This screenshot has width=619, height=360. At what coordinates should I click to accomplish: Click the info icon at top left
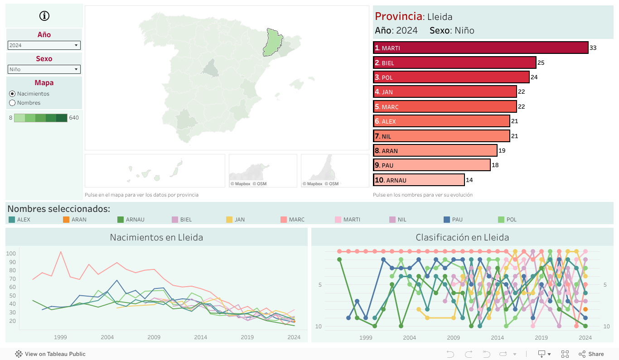coord(44,16)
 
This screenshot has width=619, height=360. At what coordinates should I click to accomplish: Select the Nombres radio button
coord(12,103)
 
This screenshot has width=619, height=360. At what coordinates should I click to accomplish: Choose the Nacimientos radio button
coord(12,94)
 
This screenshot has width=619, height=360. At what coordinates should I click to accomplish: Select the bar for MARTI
coord(480,48)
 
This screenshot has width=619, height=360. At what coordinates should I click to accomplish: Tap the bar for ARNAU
coord(419,180)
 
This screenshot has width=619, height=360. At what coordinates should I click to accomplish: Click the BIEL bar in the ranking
coord(455,63)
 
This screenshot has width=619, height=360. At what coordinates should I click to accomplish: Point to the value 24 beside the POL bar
coord(534,77)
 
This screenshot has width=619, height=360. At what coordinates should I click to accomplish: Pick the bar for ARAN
coord(435,151)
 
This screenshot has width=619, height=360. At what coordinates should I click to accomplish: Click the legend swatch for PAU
coord(447,220)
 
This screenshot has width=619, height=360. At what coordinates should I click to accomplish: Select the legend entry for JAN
coord(229,220)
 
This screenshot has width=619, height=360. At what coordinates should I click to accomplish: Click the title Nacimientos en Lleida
coord(156,237)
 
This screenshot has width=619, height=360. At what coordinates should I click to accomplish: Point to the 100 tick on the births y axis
coord(11,254)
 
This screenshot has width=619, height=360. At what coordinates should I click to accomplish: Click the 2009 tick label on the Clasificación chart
coord(453,337)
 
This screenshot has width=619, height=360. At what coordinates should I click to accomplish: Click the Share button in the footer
coord(591,354)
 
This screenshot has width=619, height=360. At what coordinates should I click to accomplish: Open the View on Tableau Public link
coord(50,354)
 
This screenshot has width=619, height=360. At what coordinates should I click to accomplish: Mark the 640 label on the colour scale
coord(74,118)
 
